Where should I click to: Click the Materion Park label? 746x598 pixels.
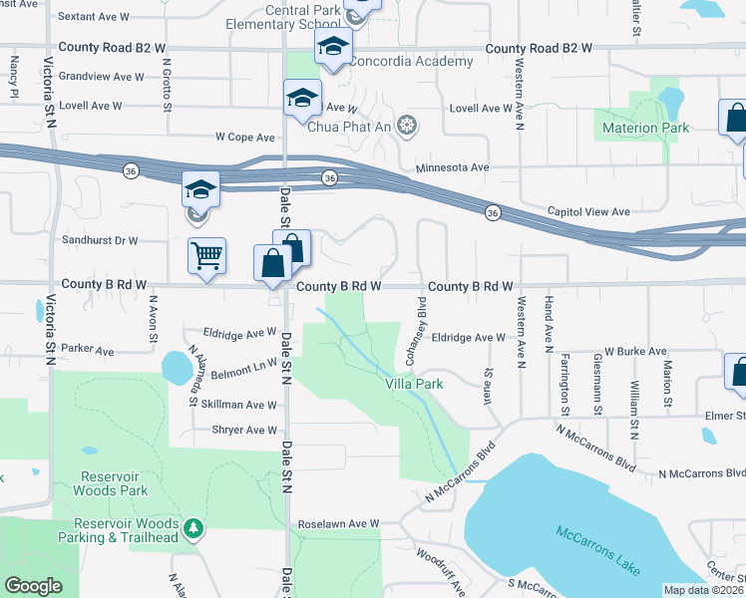[646, 128]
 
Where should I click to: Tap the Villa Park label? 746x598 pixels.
[415, 383]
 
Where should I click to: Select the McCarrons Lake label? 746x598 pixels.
[597, 550]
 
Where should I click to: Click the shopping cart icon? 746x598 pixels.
[206, 255]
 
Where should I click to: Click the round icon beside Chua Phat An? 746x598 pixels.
[406, 126]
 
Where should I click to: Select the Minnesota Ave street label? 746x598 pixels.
[452, 168]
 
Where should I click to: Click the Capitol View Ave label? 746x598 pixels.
[588, 211]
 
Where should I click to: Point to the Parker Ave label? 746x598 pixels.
[87, 351]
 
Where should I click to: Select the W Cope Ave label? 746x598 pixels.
[244, 138]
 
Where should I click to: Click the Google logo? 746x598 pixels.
[33, 586]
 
